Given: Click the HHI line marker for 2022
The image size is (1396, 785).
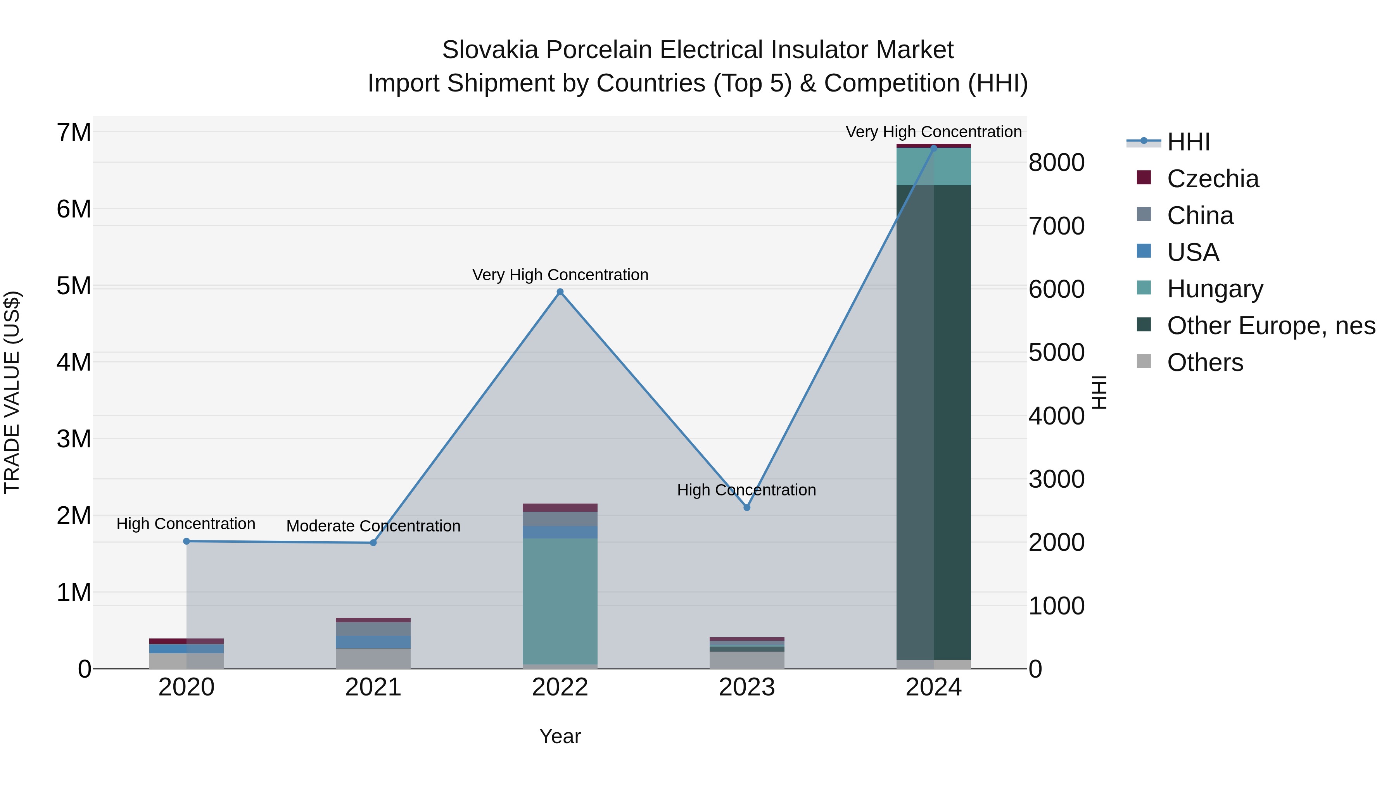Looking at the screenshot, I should point(560,292).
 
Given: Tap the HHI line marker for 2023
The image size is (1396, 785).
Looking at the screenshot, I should point(747,507).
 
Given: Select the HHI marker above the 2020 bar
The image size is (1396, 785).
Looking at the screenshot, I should point(187,541).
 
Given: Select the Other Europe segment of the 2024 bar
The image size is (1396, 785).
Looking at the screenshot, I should point(933,423).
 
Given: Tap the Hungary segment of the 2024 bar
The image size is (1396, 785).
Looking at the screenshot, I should point(933,167).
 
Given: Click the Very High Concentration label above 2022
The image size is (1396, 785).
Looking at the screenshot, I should point(560,275).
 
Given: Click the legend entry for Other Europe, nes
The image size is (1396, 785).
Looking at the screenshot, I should point(1271,326).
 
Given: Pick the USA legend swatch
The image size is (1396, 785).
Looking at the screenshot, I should point(1144,251).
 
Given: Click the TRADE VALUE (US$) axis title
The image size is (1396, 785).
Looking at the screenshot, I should point(12,392).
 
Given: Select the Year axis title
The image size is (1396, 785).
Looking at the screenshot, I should point(560,736).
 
